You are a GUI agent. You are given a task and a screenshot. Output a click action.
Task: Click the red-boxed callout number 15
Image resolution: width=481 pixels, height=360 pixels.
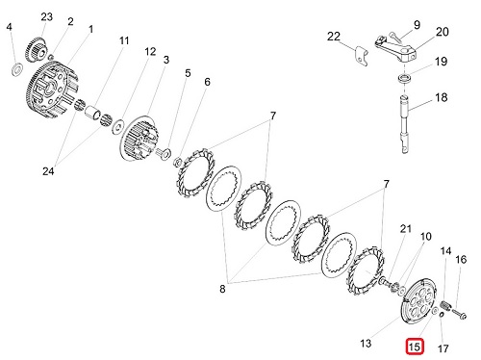point(415,347)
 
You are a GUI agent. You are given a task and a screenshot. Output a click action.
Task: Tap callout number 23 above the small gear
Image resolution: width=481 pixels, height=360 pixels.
point(46,16)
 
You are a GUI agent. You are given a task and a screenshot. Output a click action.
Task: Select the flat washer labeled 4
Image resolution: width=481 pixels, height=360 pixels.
point(16,69)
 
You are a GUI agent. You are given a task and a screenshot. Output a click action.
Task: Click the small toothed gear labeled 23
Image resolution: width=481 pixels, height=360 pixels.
point(37,50)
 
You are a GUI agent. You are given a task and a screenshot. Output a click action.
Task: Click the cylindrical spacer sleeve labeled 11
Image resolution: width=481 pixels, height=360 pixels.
point(93,111)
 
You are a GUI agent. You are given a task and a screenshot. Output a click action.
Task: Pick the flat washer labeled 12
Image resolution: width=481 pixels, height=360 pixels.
point(118,126)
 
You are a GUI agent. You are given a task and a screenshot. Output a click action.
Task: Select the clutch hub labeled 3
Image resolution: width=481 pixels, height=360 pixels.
point(139,139)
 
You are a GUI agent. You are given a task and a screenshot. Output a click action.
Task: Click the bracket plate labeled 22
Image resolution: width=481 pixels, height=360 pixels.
point(362,57)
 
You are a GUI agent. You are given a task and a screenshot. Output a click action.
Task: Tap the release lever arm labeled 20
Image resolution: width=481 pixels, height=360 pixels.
point(396,49)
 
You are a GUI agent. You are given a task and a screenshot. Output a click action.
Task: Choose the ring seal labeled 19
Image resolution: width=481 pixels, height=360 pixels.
point(404,79)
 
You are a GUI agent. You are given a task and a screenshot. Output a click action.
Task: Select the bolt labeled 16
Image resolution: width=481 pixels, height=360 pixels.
point(459,313)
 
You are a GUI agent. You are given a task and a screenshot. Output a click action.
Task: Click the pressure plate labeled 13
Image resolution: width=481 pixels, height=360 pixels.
point(418,302)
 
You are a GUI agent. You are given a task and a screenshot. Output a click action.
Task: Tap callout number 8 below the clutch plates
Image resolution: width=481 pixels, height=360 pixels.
point(222,289)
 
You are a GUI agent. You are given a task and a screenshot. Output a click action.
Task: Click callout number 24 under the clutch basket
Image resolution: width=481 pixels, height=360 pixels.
point(48,171)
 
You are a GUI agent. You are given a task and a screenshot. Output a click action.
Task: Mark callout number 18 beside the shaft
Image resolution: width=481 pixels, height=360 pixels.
point(441,97)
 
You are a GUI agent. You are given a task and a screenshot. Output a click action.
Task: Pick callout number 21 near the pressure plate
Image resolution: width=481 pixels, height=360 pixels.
point(406,229)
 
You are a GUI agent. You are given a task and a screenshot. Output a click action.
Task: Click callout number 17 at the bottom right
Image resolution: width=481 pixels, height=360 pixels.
point(443,348)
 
